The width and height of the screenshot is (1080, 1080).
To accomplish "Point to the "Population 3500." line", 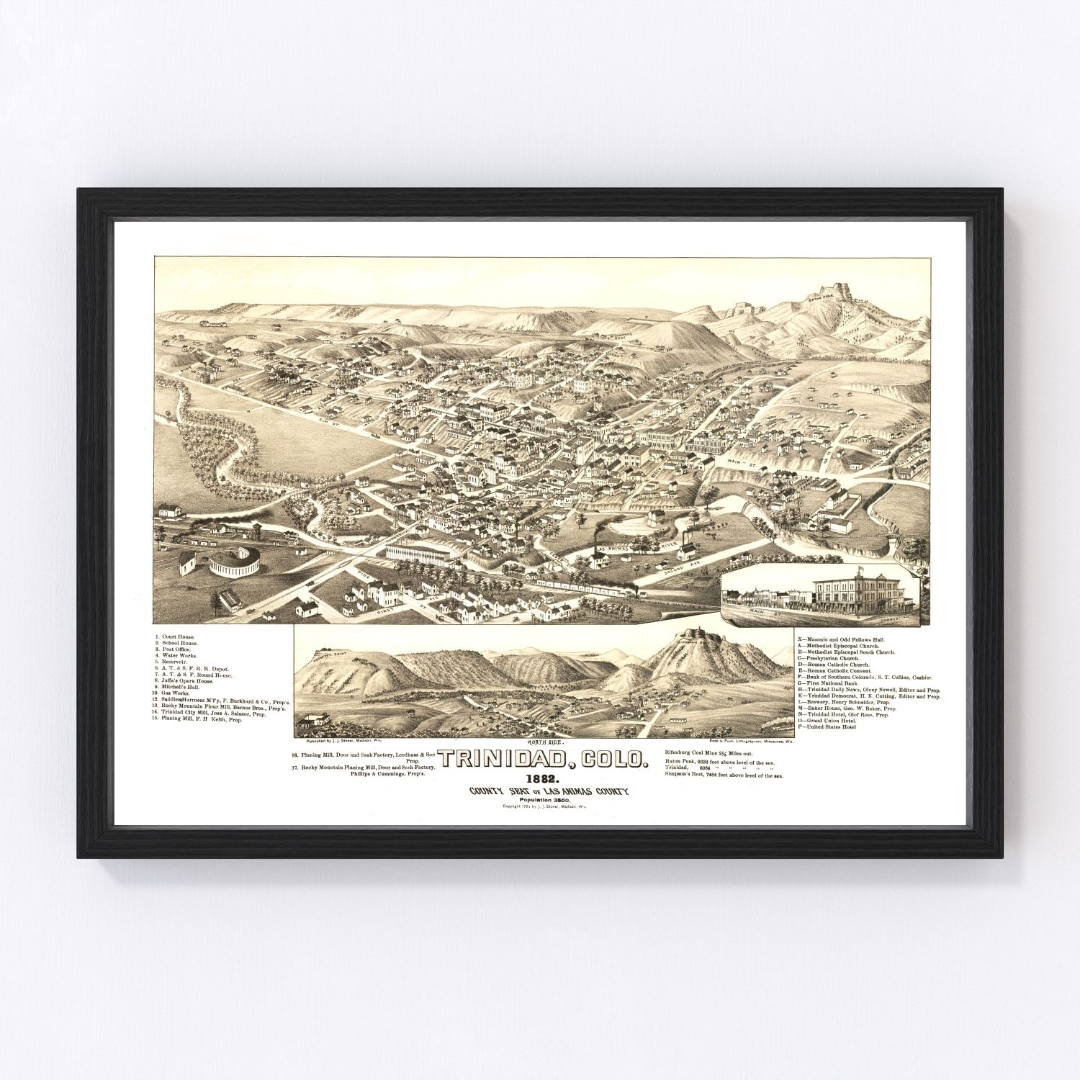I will coord(548,800).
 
